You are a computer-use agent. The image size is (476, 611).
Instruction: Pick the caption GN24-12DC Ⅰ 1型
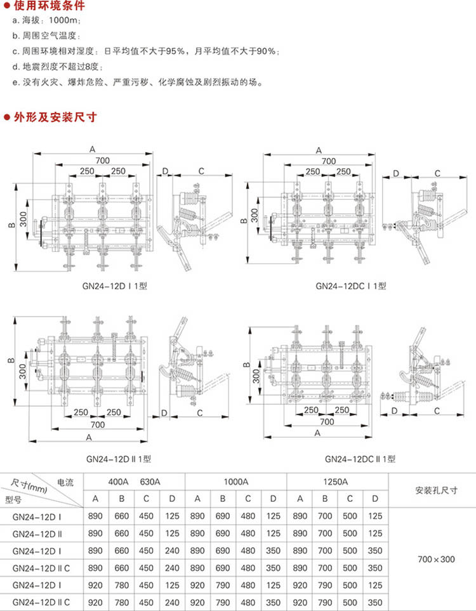coord(350,287)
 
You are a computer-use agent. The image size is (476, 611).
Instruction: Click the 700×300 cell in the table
coord(437,559)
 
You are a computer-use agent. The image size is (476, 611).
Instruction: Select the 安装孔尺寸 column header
coord(437,490)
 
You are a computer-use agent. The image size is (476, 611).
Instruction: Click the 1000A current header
coord(235,482)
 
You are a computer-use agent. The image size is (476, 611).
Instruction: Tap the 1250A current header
coord(337,482)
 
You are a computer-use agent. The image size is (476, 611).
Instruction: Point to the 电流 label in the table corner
coord(65,482)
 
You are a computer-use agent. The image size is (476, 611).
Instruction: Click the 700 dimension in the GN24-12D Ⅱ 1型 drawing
coord(97,424)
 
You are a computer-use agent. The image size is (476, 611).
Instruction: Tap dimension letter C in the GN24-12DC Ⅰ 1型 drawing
coord(437,173)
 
